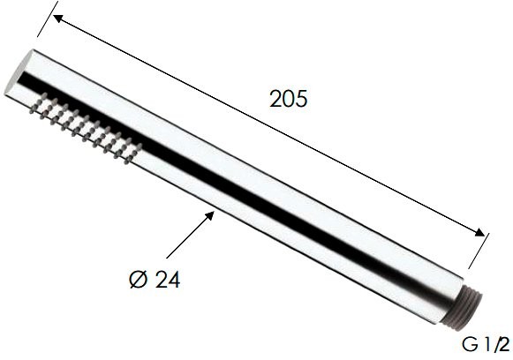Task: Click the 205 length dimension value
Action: [289, 99]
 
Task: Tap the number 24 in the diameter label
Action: [168, 281]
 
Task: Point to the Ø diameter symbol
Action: [139, 281]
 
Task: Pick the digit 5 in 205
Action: [302, 99]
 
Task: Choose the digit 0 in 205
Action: [289, 99]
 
